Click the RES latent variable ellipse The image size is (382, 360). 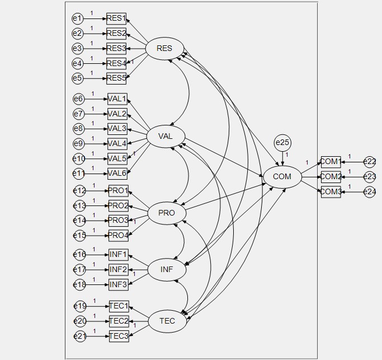[x=164, y=49]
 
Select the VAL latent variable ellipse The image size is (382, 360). [x=166, y=137]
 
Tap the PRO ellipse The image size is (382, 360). [x=167, y=213]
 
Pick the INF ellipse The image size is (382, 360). [x=167, y=270]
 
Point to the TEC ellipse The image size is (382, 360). [x=167, y=321]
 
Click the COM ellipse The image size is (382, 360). [x=282, y=177]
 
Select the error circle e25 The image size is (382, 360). [x=282, y=143]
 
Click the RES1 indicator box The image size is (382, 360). [x=116, y=18]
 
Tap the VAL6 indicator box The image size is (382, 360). [x=117, y=173]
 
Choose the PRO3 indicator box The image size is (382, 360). [x=118, y=220]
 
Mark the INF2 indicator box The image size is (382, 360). [x=118, y=269]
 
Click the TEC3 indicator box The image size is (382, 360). [x=119, y=336]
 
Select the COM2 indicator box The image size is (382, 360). [x=331, y=177]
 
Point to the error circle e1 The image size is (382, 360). [x=77, y=18]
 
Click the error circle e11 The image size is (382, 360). [x=79, y=174]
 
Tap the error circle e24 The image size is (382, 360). [x=370, y=192]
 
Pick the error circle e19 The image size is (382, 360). [x=80, y=306]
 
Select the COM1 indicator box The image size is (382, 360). [x=331, y=162]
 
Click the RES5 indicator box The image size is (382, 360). [x=116, y=78]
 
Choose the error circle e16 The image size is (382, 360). [x=79, y=255]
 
